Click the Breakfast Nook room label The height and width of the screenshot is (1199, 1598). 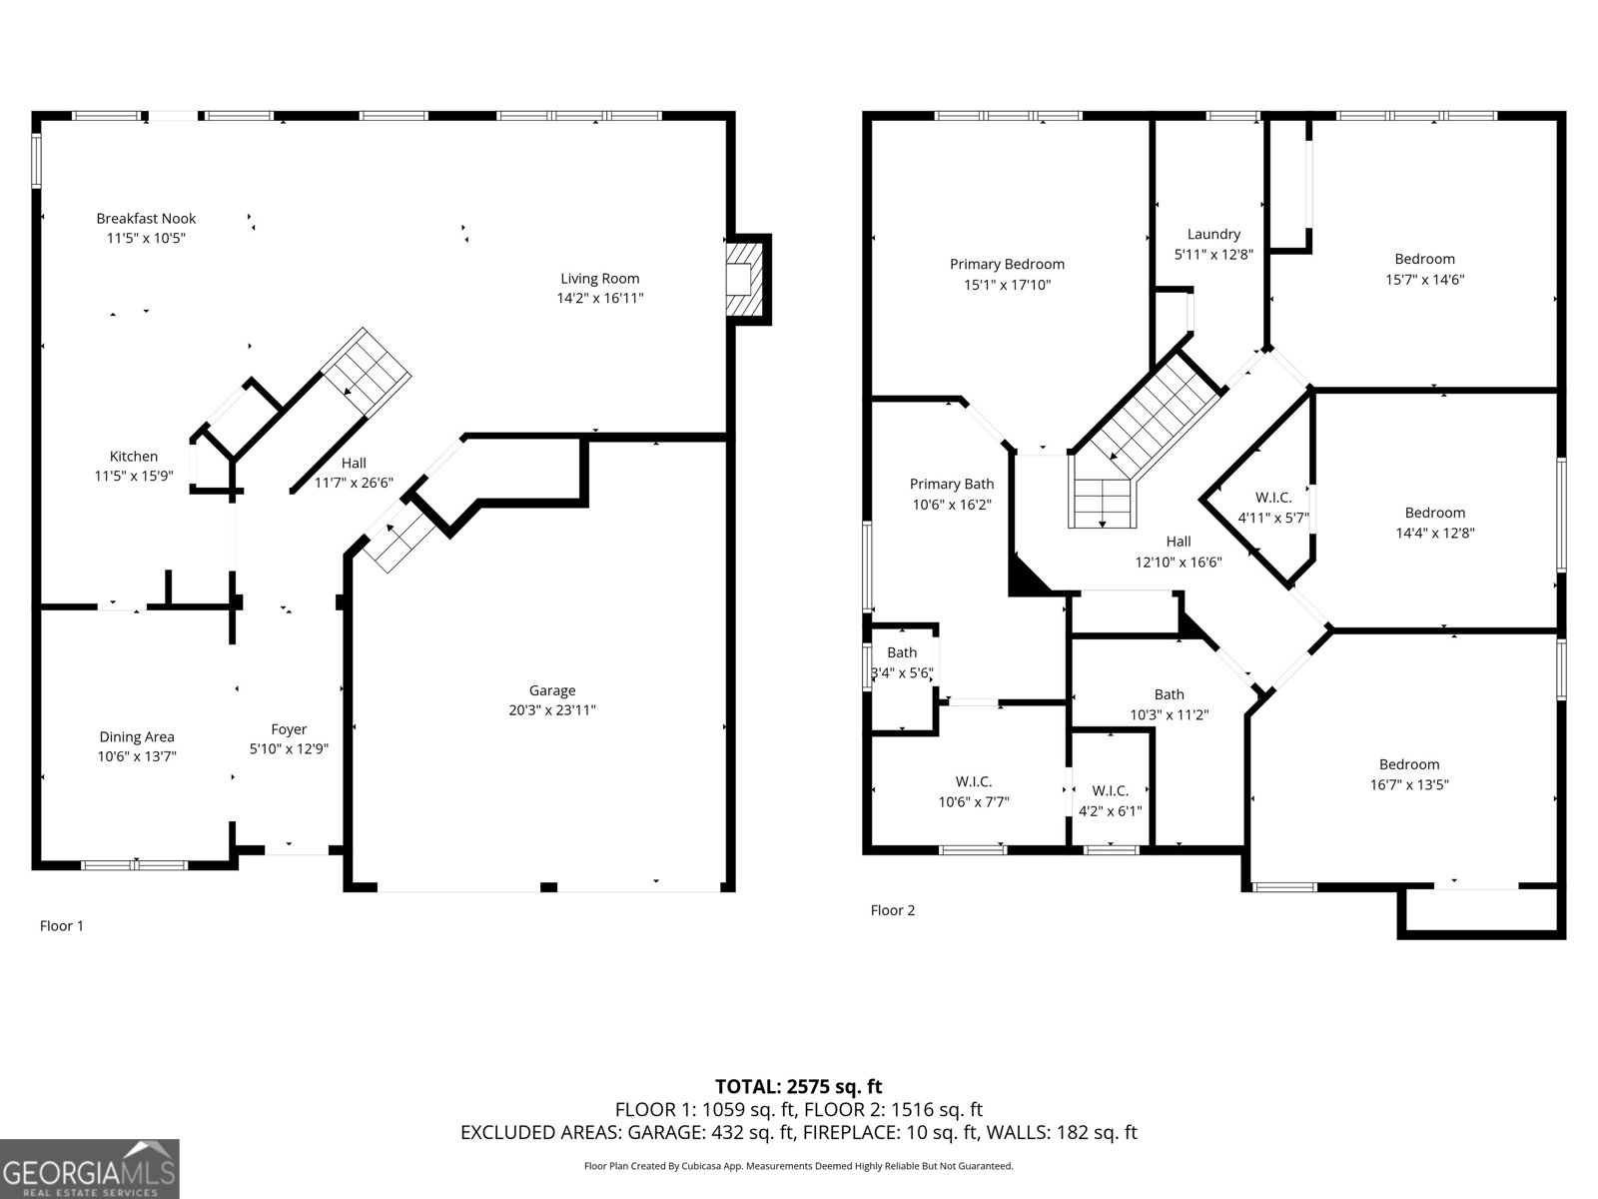146,219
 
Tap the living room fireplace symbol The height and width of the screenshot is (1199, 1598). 743,279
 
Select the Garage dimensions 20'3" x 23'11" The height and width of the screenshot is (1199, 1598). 552,709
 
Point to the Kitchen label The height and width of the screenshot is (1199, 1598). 133,457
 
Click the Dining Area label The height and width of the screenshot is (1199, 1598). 137,736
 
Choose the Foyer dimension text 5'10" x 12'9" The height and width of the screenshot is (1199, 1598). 289,749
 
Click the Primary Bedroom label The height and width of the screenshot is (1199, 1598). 1007,264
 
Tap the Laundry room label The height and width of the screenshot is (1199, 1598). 1213,235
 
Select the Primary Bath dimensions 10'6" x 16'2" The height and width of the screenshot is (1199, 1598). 952,505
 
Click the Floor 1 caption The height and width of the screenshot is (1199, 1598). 62,926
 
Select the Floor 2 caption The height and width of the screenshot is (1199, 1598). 893,910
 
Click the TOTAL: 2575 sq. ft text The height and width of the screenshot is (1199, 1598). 799,1087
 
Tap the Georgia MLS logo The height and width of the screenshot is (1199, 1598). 90,1169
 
